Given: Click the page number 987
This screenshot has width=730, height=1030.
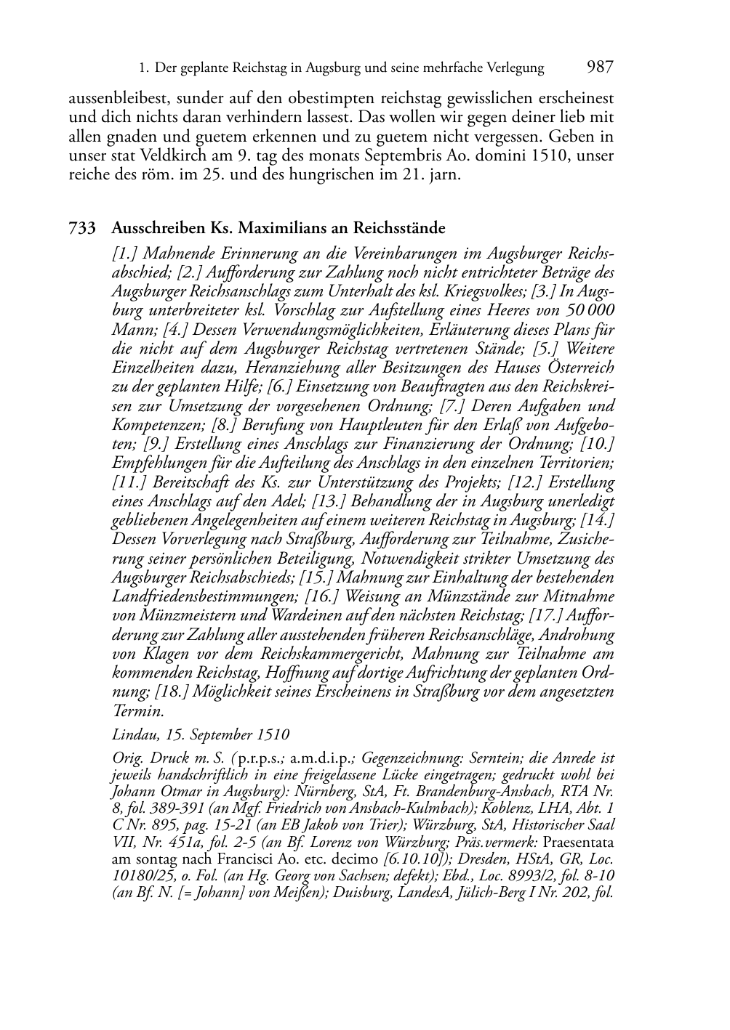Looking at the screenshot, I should pyautogui.click(x=600, y=68).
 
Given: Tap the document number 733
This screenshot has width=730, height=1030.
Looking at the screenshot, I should pyautogui.click(x=82, y=229).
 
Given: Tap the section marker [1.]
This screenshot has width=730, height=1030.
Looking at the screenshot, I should pyautogui.click(x=124, y=254).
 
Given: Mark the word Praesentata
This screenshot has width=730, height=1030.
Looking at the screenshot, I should pyautogui.click(x=578, y=843).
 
